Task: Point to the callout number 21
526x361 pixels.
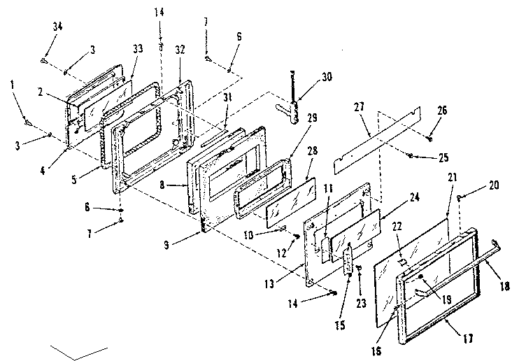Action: [451, 178]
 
